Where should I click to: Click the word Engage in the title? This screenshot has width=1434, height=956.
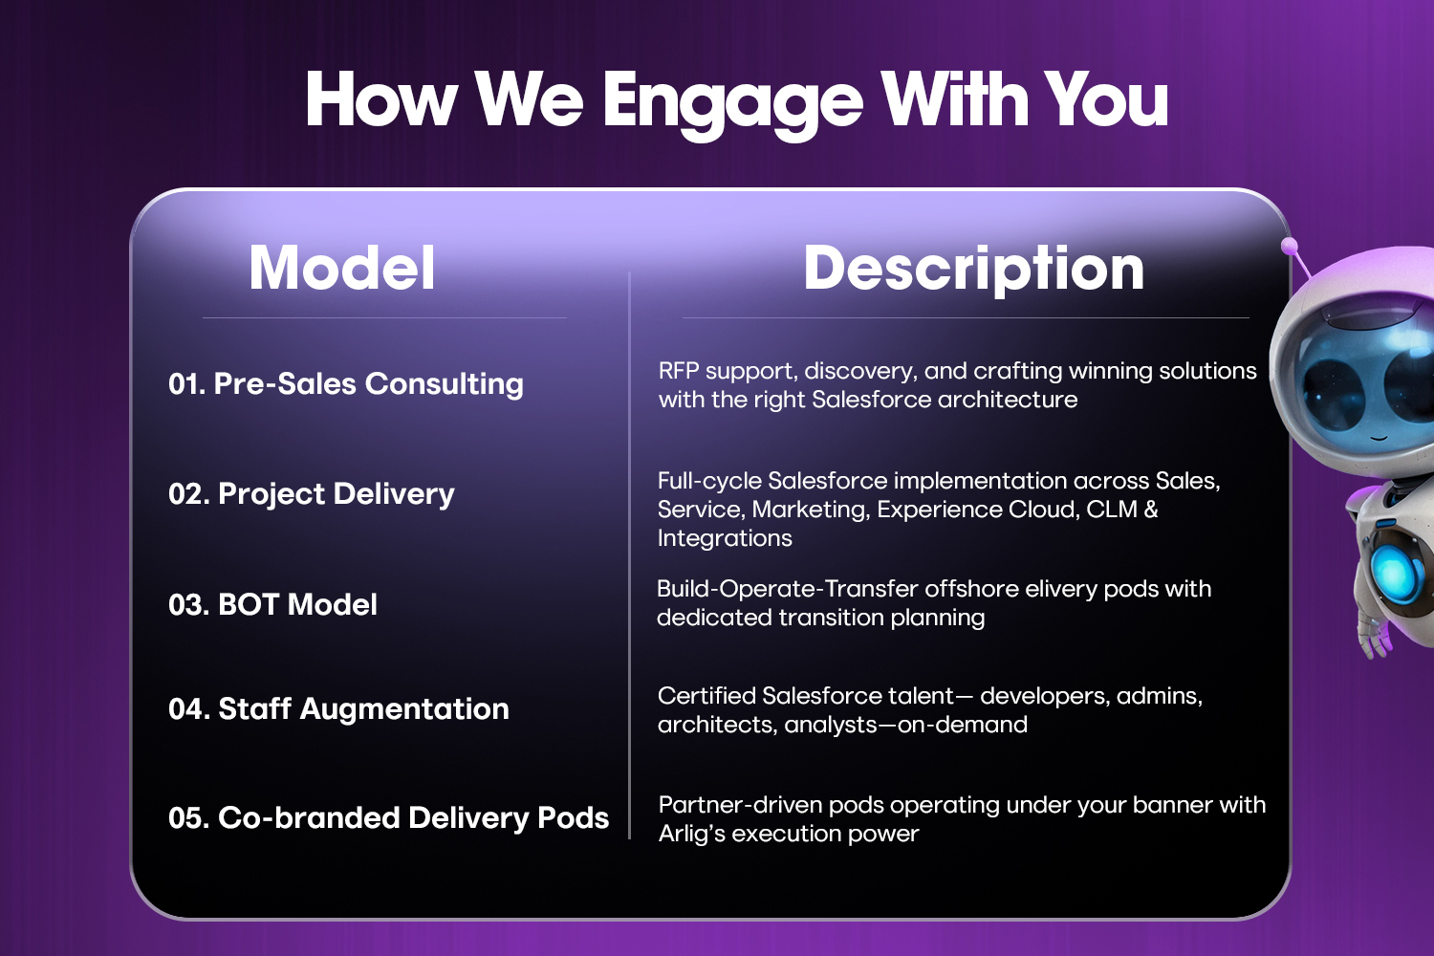point(733,103)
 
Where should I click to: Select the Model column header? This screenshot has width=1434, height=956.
point(342,268)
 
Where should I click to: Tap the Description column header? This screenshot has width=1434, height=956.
point(974,270)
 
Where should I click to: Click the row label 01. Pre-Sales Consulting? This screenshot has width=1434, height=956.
point(346,384)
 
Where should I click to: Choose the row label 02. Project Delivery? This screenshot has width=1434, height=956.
point(311,494)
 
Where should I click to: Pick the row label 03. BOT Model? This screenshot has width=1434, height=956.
point(272,604)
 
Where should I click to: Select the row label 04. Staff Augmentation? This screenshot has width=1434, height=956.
point(338,709)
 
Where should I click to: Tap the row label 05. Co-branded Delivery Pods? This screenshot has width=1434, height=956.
point(388,817)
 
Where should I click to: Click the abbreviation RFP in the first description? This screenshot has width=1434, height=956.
point(679,371)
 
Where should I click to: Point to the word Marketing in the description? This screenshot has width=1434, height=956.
point(811,510)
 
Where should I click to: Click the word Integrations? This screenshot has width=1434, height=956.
point(725,538)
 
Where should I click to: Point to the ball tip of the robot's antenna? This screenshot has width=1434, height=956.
point(1290,246)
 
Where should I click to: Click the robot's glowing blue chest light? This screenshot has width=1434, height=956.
point(1400,571)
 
